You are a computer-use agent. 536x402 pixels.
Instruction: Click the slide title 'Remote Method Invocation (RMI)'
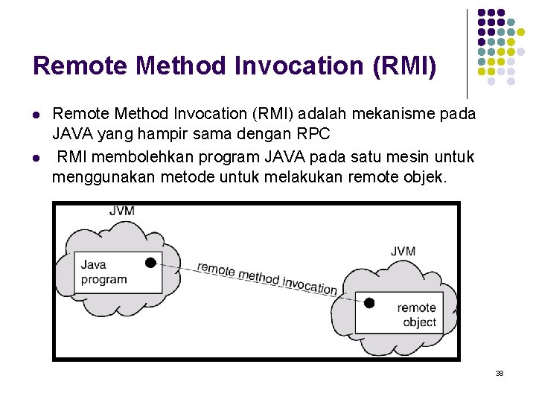click(234, 66)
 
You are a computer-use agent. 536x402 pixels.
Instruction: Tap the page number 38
click(500, 373)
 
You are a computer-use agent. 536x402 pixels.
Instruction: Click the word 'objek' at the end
click(429, 177)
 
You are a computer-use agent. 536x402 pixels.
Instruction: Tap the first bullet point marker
click(36, 115)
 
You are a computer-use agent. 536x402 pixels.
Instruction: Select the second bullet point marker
click(36, 158)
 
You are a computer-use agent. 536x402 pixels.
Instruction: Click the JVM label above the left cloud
click(122, 211)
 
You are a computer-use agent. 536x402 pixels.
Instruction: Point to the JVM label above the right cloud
click(403, 251)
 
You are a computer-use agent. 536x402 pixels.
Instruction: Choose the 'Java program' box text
click(103, 272)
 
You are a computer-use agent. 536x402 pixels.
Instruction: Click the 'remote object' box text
click(416, 314)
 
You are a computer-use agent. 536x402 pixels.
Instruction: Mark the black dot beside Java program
click(150, 262)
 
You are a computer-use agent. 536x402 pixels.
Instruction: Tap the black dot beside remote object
click(368, 303)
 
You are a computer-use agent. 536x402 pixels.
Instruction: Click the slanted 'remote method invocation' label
click(267, 278)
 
